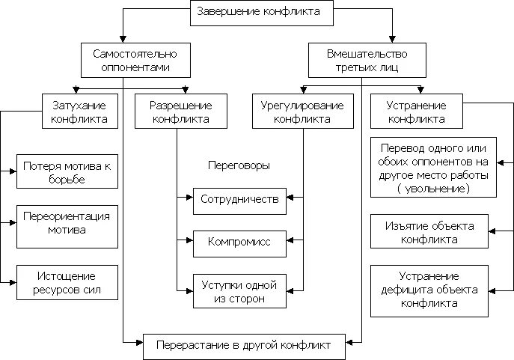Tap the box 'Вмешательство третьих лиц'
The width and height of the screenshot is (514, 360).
(361, 61)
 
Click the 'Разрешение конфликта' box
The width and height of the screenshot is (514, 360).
(181, 112)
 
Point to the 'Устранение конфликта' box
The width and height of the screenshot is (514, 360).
(417, 112)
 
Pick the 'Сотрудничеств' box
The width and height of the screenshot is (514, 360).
(239, 200)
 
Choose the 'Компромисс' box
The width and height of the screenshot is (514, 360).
(239, 242)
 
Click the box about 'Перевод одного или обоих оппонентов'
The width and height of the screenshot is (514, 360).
(434, 168)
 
